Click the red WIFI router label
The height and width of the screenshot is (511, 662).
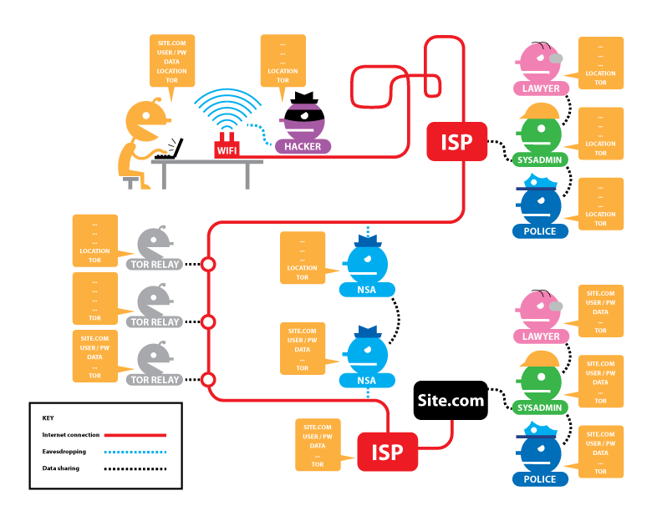pos(227,150)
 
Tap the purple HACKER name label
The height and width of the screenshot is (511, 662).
pos(303,147)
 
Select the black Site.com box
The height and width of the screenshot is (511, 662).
pos(451,400)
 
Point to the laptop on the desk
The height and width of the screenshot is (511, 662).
pos(170,149)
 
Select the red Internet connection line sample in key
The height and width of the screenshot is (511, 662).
pos(133,435)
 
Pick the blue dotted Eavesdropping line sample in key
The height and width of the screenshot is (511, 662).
pos(133,452)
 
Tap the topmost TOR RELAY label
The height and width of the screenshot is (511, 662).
pos(155,265)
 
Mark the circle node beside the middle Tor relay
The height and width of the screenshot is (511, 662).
pos(209,321)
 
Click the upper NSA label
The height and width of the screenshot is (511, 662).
pos(366,291)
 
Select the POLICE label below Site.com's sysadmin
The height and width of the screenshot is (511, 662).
pos(539,479)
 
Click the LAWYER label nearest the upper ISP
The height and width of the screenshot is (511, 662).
pos(541,88)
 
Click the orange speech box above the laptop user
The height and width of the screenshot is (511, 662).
pos(172,60)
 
